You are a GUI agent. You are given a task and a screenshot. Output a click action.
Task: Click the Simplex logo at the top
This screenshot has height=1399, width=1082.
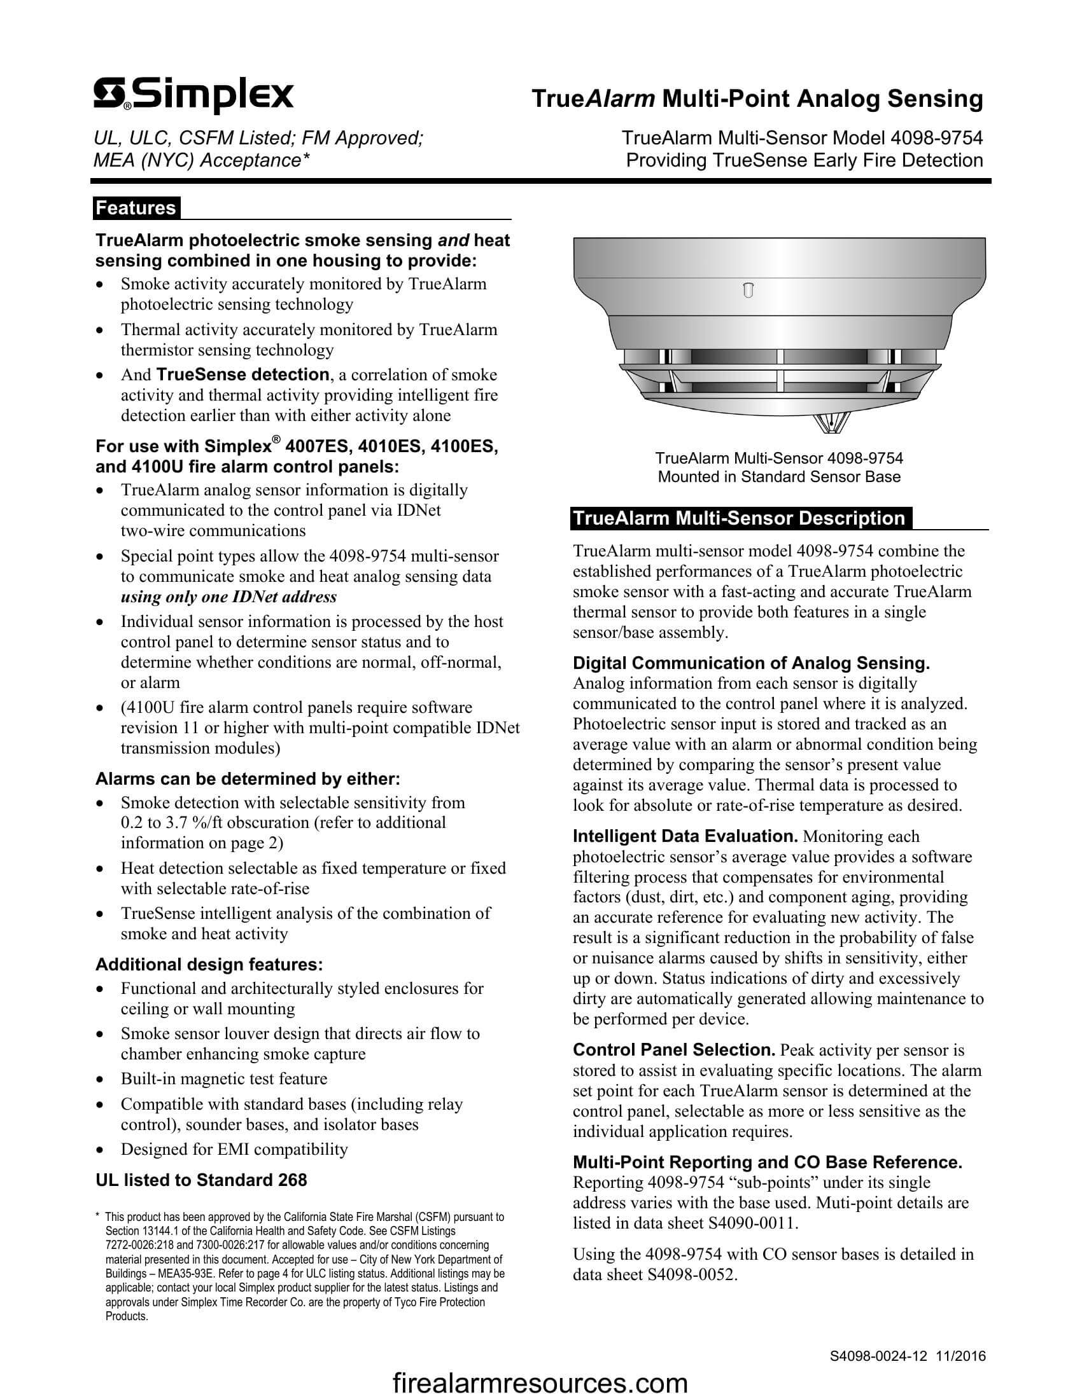click(193, 96)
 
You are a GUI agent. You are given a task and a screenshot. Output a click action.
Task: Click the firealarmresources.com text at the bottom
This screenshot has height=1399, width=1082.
click(540, 1382)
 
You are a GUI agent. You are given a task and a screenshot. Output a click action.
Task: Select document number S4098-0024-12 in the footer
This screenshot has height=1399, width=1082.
click(878, 1356)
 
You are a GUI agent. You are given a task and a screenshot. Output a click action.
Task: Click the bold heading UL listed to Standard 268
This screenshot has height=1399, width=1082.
click(200, 1180)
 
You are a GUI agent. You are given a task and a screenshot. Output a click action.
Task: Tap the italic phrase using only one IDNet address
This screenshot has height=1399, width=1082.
click(228, 596)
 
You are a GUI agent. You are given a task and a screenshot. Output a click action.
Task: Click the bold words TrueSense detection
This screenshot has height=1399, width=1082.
click(242, 375)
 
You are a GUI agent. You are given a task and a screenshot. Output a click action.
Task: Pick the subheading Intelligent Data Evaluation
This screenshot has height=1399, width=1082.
click(685, 837)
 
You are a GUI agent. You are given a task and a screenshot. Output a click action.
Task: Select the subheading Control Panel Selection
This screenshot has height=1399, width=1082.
click(673, 1050)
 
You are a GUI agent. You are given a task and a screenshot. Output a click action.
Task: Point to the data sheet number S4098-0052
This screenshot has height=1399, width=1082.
click(692, 1274)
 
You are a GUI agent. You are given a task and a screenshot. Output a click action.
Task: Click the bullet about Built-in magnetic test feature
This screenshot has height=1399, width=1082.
click(223, 1079)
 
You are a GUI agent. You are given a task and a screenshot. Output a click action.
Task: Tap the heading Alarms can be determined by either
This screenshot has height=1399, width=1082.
click(248, 779)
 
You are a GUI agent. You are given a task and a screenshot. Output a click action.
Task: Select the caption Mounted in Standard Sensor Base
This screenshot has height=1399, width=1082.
click(779, 476)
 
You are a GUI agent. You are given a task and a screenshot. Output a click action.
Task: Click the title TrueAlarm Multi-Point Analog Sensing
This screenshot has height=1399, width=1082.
click(757, 99)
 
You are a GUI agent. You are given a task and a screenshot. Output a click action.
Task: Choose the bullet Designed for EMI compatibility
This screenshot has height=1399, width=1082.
click(234, 1149)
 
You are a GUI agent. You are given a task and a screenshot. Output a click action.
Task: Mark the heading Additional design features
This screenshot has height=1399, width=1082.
click(209, 964)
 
